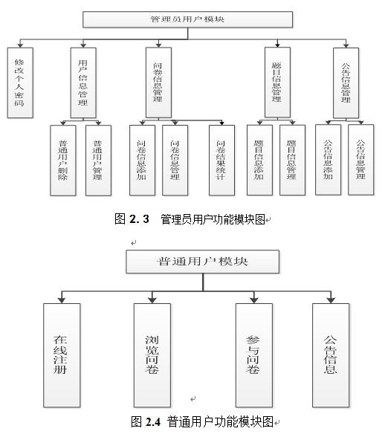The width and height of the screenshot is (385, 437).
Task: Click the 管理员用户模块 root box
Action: point(187,19)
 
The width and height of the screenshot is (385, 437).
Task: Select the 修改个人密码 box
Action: point(20,82)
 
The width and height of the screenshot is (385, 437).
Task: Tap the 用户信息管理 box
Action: point(83,82)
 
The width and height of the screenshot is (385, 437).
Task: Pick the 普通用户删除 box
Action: point(62,160)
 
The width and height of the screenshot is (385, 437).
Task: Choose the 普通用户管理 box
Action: point(97,160)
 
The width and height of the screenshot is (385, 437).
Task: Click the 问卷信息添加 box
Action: point(141,160)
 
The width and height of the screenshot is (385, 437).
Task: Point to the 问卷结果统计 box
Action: point(221,160)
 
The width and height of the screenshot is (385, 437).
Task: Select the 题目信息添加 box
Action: point(259,160)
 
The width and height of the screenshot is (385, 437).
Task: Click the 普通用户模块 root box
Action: point(202,262)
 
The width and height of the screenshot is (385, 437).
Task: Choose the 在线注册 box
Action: point(61,353)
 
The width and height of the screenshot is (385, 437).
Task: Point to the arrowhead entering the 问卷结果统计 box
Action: point(221,120)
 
